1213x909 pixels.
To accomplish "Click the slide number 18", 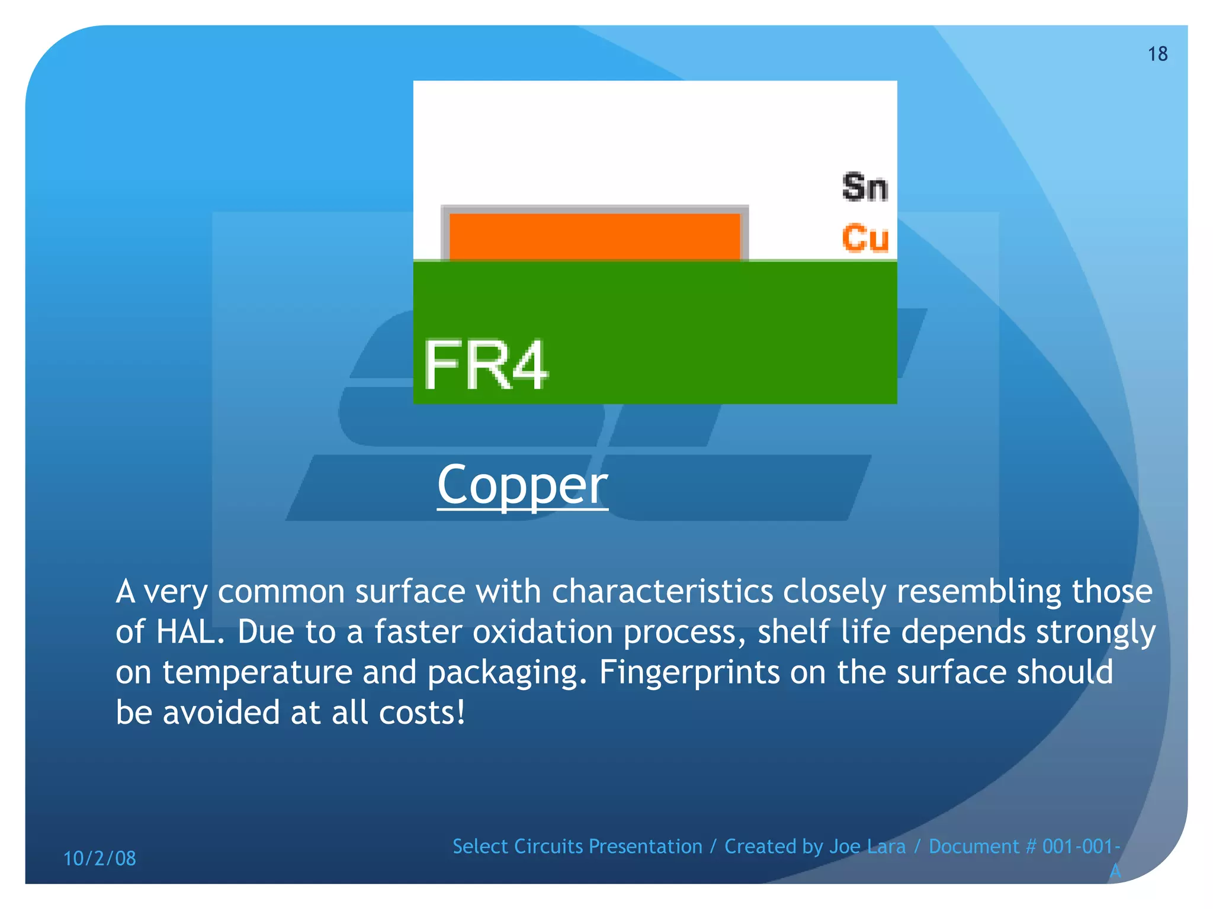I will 1157,54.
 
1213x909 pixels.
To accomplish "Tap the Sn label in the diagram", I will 865,188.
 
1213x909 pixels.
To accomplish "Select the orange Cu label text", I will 865,238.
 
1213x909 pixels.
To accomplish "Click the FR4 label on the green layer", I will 486,366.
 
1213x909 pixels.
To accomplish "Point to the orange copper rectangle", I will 595,236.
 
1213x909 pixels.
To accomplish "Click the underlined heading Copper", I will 522,485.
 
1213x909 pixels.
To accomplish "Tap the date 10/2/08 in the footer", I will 100,858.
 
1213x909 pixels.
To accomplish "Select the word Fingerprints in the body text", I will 689,672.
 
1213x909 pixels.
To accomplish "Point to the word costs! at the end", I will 422,713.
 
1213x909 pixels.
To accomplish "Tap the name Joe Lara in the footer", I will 867,846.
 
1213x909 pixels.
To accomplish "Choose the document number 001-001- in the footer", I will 1081,846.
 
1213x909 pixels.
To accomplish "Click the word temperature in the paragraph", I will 257,672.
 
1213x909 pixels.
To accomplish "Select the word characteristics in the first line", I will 662,592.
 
